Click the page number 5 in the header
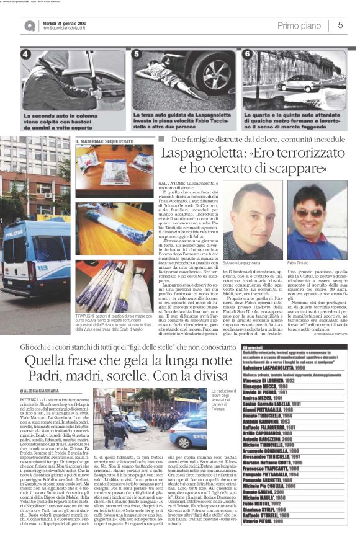340,25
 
